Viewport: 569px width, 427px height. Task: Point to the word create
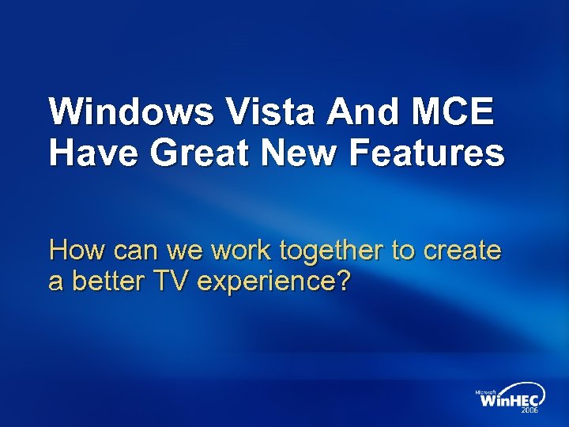(x=462, y=251)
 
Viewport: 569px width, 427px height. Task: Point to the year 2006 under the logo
(x=529, y=411)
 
